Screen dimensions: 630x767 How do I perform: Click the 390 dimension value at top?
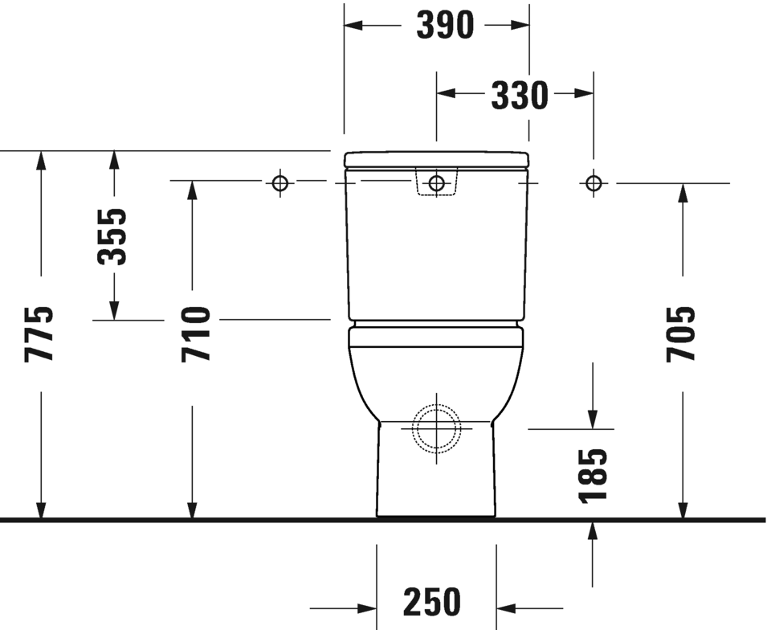[x=444, y=26]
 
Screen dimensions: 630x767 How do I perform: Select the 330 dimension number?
[x=520, y=96]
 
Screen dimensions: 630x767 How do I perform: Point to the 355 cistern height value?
[x=112, y=236]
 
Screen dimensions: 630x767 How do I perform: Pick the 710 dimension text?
[x=196, y=333]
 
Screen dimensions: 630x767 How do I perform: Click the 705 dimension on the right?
[x=680, y=333]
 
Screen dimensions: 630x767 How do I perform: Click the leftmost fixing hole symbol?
[x=279, y=183]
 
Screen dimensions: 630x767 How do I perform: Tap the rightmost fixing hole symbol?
[x=594, y=183]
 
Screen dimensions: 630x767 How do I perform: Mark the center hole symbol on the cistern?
[x=436, y=183]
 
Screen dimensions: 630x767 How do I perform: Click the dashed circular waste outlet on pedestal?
[x=436, y=427]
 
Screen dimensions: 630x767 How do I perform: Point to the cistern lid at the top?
[x=436, y=158]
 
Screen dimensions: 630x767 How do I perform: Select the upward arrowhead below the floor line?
[x=593, y=530]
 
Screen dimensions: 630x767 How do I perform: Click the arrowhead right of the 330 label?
[x=584, y=94]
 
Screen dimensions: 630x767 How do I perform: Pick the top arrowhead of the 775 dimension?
[x=41, y=160]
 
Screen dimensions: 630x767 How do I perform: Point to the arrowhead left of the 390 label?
[x=354, y=26]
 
